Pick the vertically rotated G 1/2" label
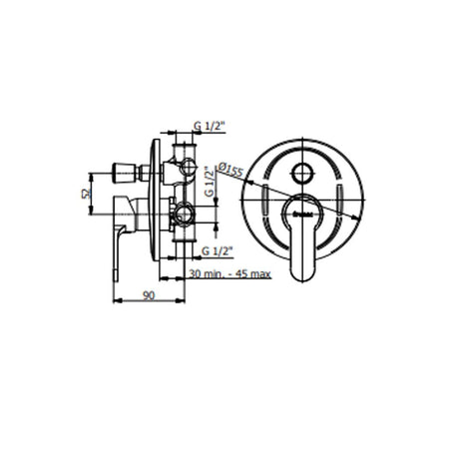pyautogui.click(x=209, y=184)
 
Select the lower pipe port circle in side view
pyautogui.click(x=183, y=212)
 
